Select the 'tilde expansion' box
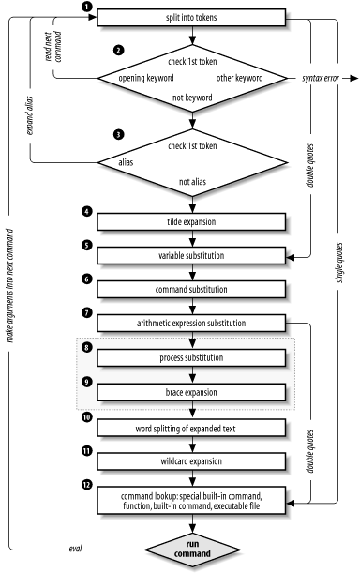pyautogui.click(x=191, y=221)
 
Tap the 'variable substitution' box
pyautogui.click(x=191, y=254)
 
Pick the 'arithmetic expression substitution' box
pyautogui.click(x=191, y=324)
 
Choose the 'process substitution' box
pyautogui.click(x=191, y=357)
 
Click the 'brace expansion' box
pyautogui.click(x=191, y=392)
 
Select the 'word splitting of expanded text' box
pyautogui.click(x=191, y=428)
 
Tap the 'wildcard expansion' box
pyautogui.click(x=191, y=462)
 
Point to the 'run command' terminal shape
pyautogui.click(x=191, y=550)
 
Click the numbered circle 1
pyautogui.click(x=86, y=8)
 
